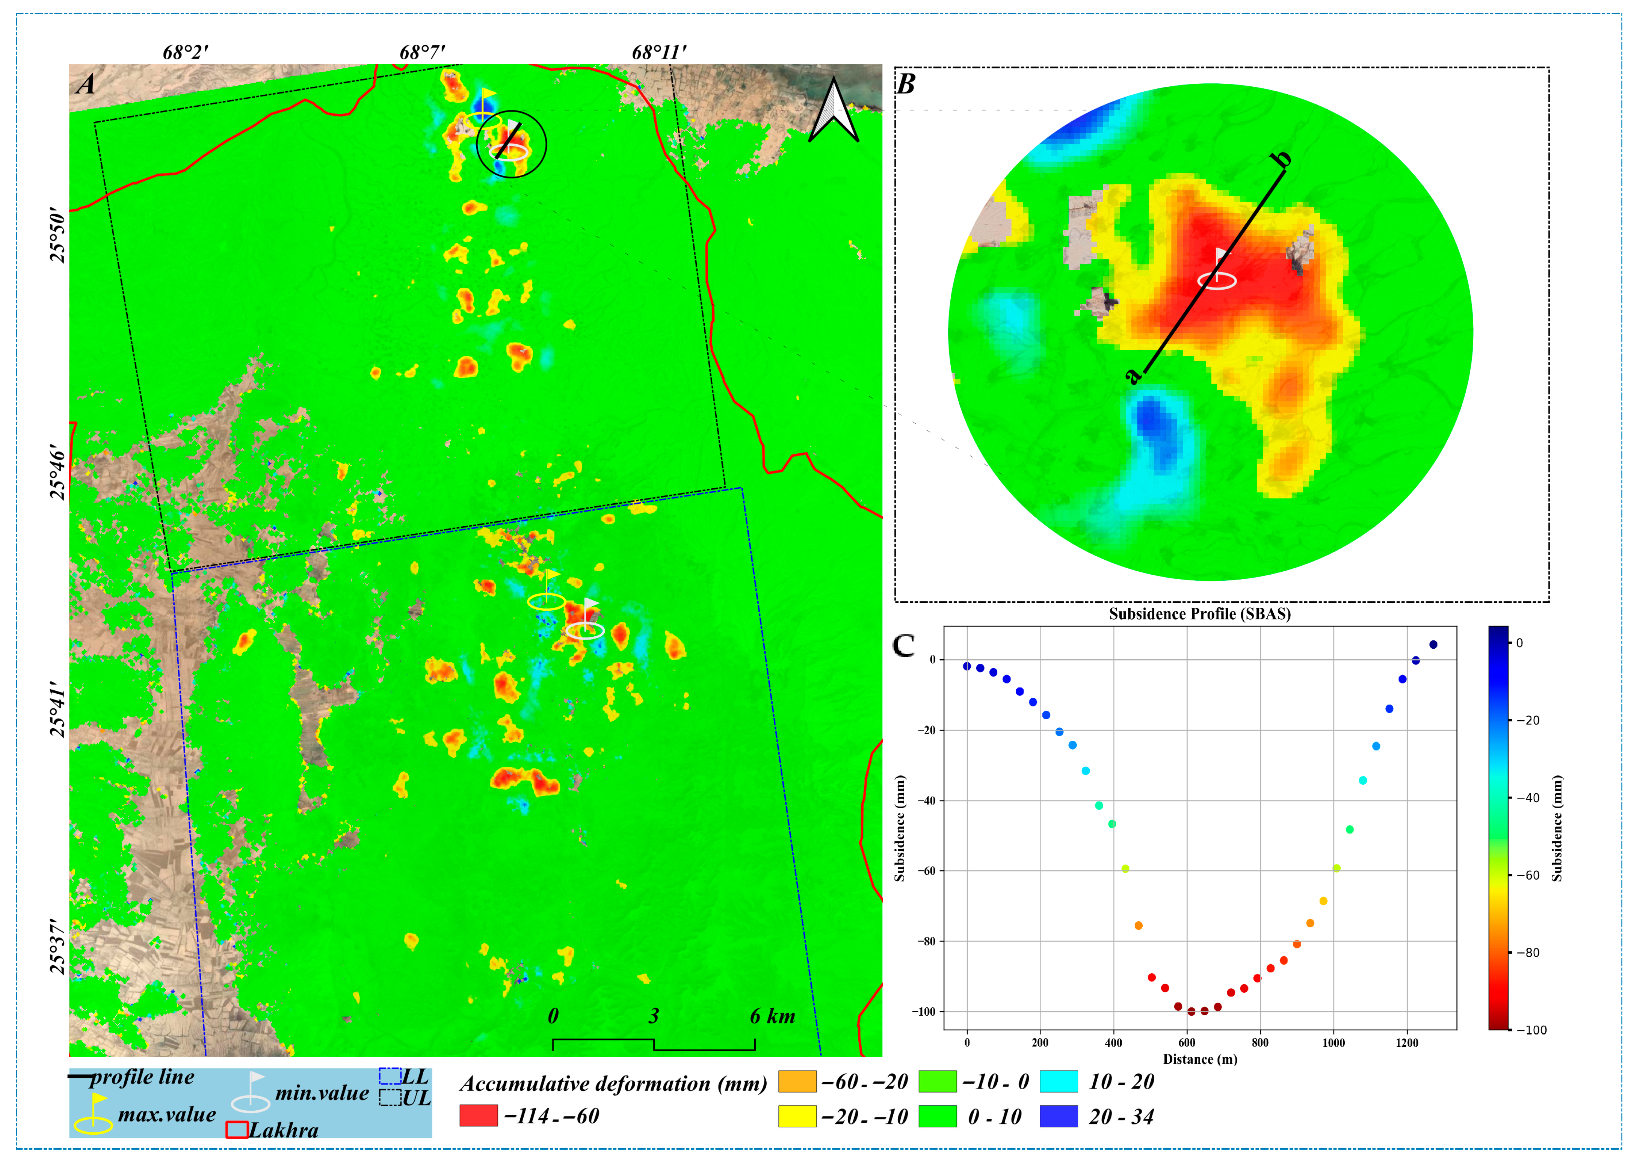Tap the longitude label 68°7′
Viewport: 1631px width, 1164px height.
[x=422, y=52]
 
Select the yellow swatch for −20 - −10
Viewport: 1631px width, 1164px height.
[x=797, y=1116]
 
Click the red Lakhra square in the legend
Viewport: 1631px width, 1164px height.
[x=237, y=1129]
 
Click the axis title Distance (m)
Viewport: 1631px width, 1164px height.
[x=1200, y=1059]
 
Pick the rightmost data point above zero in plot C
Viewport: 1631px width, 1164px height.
[x=1433, y=645]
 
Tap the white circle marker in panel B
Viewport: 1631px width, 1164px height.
[x=1217, y=280]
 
